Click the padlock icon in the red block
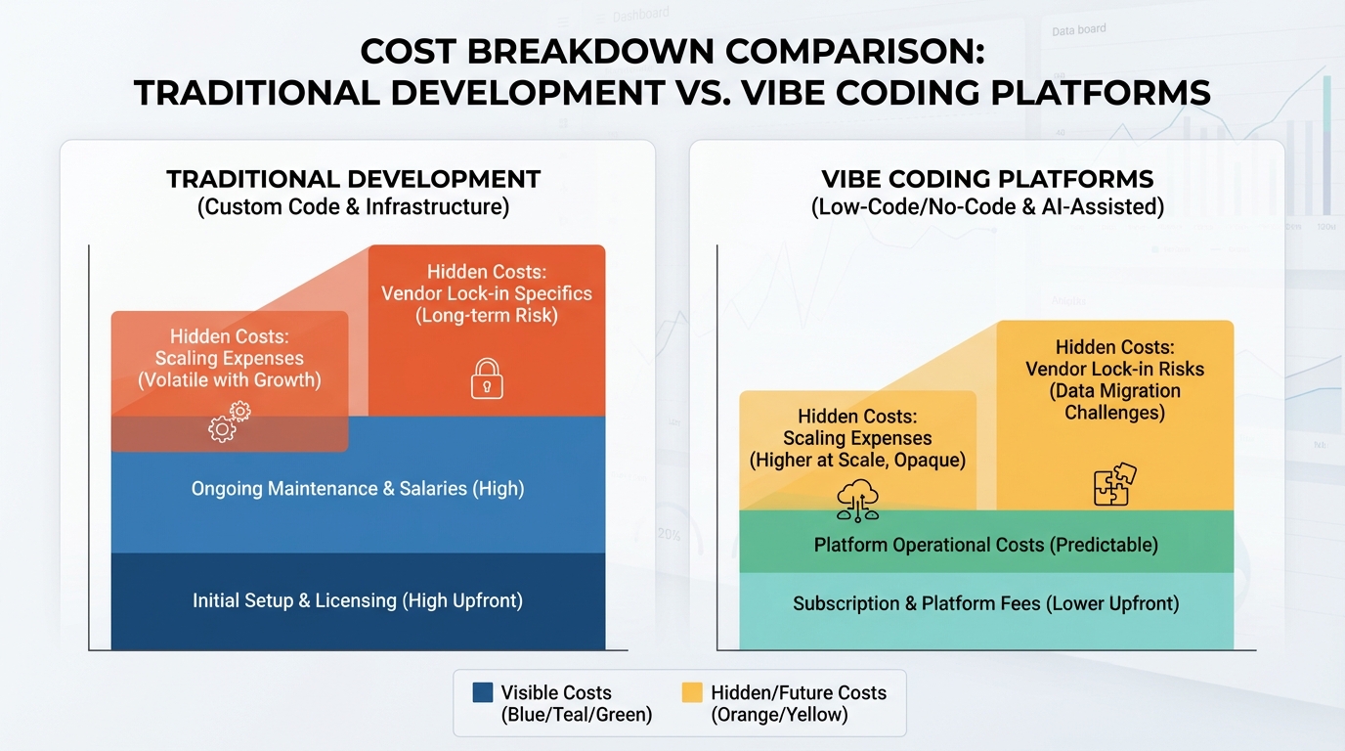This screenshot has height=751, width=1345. click(487, 377)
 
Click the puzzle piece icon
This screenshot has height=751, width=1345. click(1114, 484)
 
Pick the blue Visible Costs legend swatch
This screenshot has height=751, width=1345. click(483, 692)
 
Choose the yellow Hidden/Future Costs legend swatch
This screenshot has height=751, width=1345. click(692, 692)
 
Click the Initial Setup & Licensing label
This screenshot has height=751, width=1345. click(357, 600)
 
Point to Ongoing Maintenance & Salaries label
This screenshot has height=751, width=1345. click(357, 488)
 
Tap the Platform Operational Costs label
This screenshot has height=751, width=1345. click(985, 544)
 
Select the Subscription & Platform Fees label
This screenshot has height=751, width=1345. click(985, 603)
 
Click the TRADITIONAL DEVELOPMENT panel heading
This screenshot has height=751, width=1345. click(353, 180)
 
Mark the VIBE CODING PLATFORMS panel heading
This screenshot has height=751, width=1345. click(987, 180)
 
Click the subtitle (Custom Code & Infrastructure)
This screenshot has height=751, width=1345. click(353, 207)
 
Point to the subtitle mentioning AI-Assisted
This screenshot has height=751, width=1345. click(987, 207)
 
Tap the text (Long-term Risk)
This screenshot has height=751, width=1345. click(486, 315)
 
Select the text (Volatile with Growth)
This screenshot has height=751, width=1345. click(229, 379)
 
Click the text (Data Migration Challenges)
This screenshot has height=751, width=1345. click(1114, 401)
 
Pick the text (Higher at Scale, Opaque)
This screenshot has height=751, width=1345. click(857, 460)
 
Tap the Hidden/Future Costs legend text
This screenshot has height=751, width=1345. click(798, 692)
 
